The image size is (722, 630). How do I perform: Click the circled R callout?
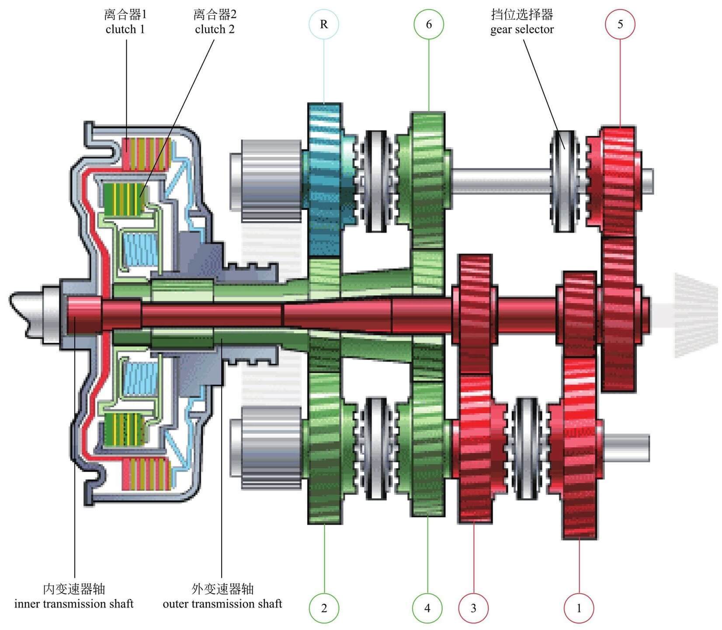(x=324, y=24)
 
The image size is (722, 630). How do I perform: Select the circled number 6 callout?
(x=429, y=24)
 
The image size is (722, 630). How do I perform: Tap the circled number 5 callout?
(x=620, y=24)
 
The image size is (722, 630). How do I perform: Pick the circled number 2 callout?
(x=324, y=608)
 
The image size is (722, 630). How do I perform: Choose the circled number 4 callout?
(x=427, y=608)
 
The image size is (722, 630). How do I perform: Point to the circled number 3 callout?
(x=473, y=608)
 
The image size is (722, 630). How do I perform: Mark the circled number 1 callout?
(x=579, y=608)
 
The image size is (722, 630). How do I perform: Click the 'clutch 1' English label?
(x=125, y=29)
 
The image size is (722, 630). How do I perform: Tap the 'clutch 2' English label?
(x=215, y=29)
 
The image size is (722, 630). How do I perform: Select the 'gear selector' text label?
(x=522, y=29)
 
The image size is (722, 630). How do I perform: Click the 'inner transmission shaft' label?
(x=74, y=604)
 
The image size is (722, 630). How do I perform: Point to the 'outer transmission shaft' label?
(x=222, y=604)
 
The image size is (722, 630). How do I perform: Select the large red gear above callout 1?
(x=579, y=446)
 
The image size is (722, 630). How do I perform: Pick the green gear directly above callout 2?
(x=324, y=446)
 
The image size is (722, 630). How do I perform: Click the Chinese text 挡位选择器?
(x=522, y=14)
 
